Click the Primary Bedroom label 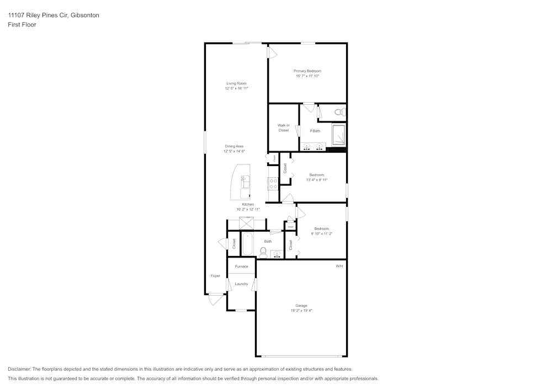(307, 71)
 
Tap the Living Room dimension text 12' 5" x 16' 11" (236, 88)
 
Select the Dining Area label (234, 146)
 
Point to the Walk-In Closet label (283, 127)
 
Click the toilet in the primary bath (338, 112)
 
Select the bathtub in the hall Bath (247, 243)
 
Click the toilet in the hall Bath (263, 253)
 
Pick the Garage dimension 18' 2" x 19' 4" (301, 311)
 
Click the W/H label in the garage (339, 266)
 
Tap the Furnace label (241, 266)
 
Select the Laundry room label (241, 284)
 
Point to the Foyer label (215, 276)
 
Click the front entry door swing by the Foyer (215, 300)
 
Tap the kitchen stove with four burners (273, 184)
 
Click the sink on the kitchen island (245, 181)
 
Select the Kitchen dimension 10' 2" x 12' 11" (248, 210)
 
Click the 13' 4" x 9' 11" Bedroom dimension (317, 180)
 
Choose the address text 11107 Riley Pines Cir (38, 15)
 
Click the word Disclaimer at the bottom (19, 369)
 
